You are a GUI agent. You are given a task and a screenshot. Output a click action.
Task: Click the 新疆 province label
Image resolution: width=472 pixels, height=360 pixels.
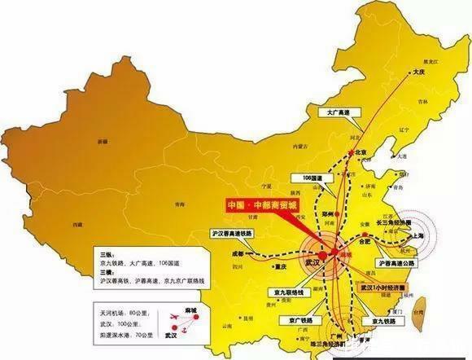102,141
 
